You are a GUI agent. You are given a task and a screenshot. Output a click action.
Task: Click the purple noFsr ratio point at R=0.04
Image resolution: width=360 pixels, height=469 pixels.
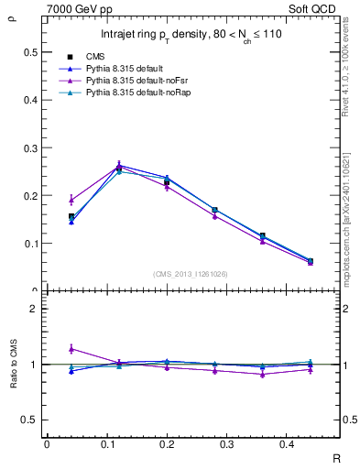[x=71, y=349]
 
